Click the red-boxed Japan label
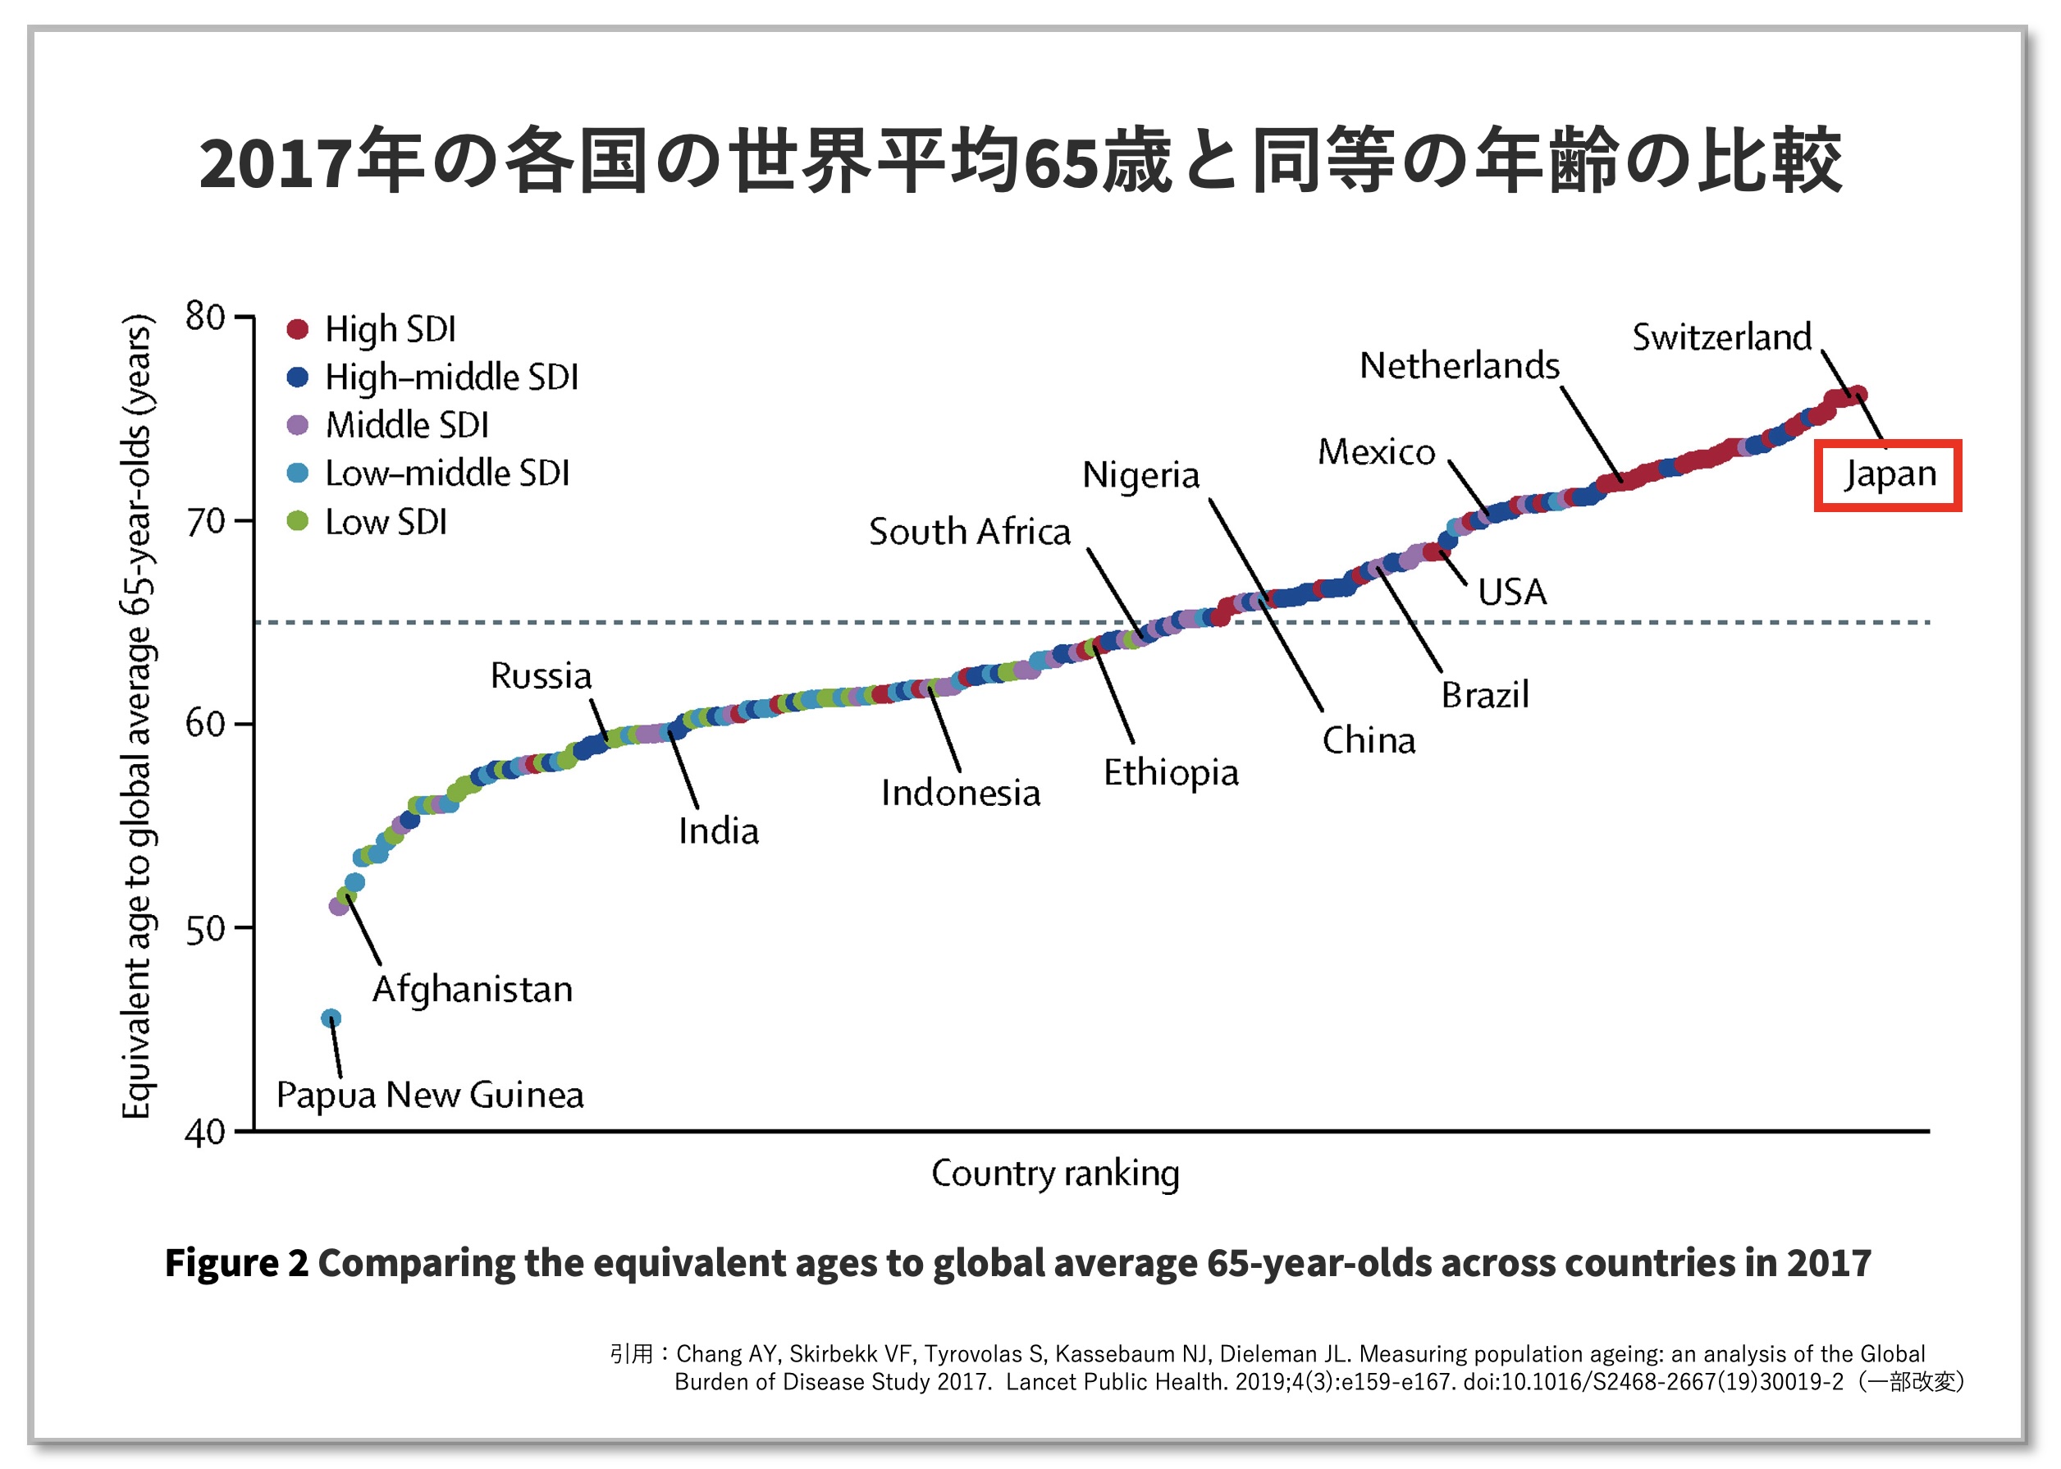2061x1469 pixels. point(1888,475)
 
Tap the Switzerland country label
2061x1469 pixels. point(1721,337)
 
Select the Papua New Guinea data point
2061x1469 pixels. point(331,1018)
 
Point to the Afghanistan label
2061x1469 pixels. point(472,990)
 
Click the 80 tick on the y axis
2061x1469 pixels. point(205,317)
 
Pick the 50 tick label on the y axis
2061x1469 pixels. point(205,929)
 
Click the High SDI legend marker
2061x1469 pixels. point(298,328)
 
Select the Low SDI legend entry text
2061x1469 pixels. point(386,522)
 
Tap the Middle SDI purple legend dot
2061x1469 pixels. point(298,425)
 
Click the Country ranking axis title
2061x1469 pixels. point(1055,1174)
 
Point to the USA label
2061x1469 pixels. point(1512,593)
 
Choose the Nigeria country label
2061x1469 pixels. point(1140,476)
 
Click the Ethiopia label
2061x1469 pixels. point(1170,773)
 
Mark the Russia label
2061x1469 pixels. point(541,675)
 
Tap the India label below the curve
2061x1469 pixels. point(718,831)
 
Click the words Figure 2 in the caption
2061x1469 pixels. point(236,1263)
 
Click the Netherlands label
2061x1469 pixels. point(1459,366)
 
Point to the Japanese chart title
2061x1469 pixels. point(1020,162)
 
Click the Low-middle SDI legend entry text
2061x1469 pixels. point(447,473)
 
